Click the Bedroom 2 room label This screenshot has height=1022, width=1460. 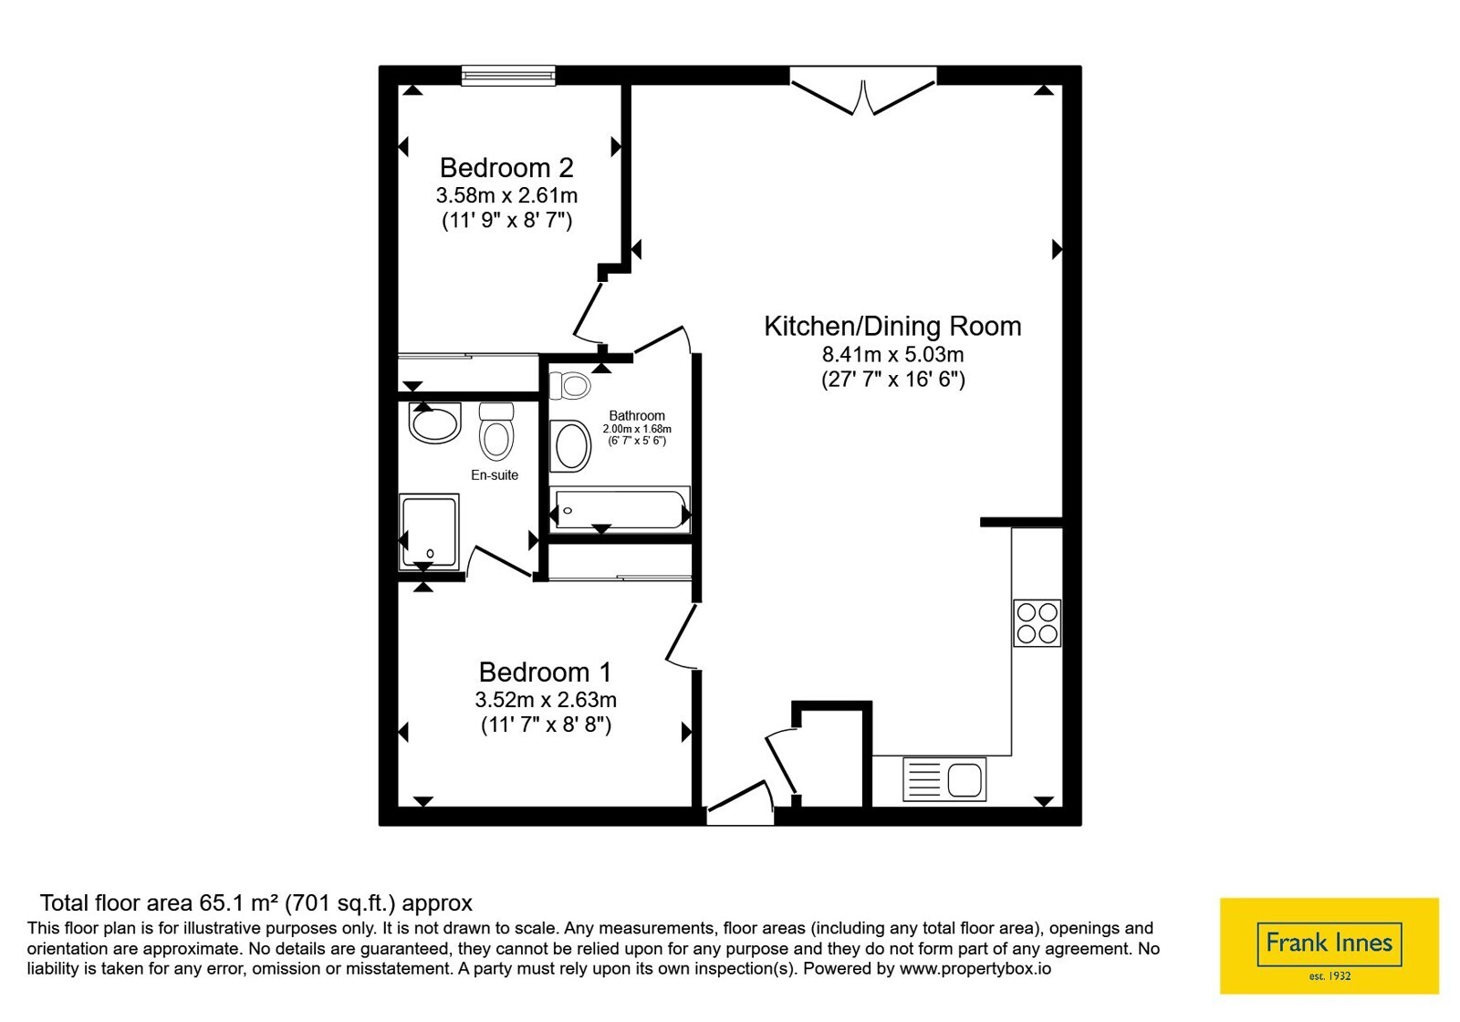pos(506,168)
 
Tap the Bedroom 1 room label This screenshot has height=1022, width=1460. pos(546,672)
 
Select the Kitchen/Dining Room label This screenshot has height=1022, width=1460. pos(892,327)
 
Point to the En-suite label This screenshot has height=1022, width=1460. pos(495,475)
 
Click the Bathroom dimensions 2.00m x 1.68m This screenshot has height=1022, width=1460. pos(637,429)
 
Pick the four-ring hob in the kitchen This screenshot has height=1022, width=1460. pos(1037,623)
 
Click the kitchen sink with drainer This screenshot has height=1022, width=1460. pos(944,779)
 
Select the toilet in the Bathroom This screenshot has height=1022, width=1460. pos(569,385)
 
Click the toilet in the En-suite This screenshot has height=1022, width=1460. pos(496,431)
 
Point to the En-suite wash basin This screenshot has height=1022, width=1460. pos(434,422)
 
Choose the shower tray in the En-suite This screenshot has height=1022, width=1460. pos(429,531)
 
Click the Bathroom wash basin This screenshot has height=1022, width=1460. pos(571,446)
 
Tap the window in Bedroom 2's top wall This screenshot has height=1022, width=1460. pos(508,76)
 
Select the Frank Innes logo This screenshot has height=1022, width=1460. pos(1329,945)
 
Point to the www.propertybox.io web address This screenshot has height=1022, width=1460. pos(975,968)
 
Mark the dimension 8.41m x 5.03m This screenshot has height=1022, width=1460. pos(892,355)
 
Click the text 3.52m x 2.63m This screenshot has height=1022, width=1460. pos(546,700)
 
